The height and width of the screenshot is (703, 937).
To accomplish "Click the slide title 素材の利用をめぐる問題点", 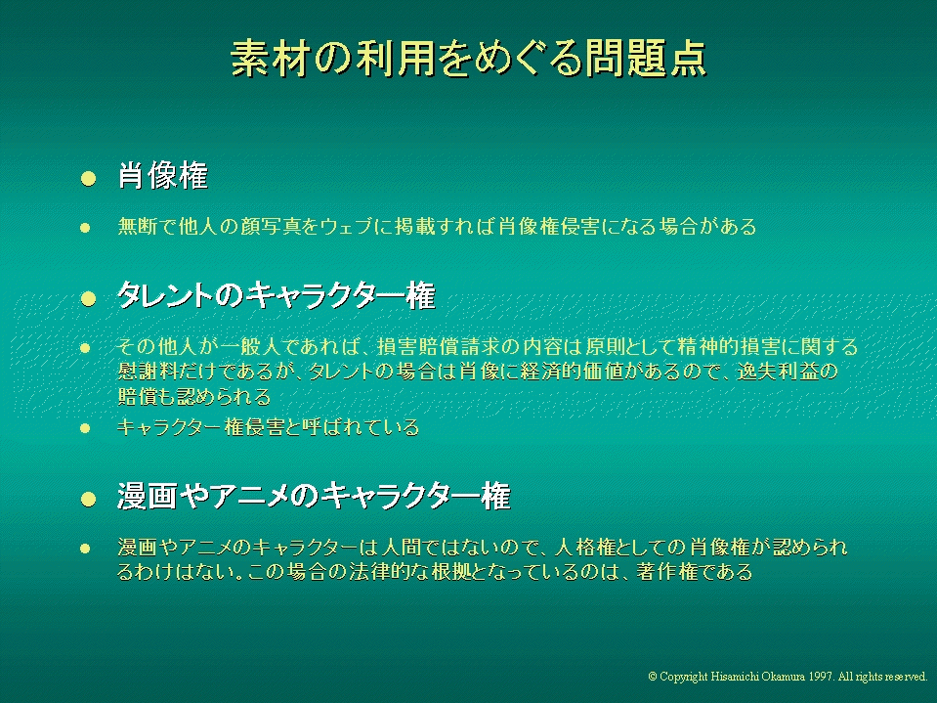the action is tap(469, 59).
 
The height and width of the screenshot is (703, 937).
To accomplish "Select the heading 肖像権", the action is tap(162, 176).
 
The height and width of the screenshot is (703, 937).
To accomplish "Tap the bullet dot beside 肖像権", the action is tap(89, 178).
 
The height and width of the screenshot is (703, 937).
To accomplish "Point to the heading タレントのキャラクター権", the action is tap(277, 295).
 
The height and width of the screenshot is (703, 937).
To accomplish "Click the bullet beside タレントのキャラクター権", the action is tap(89, 298).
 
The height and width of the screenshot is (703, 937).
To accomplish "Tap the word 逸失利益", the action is tap(778, 372).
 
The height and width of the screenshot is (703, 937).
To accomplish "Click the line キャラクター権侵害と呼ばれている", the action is tap(269, 427).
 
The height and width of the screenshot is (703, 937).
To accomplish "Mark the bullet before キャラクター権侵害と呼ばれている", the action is tap(85, 428).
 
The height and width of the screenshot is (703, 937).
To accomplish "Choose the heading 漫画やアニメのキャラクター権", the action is tap(314, 496).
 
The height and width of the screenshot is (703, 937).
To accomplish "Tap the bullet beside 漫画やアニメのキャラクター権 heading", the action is tap(89, 500).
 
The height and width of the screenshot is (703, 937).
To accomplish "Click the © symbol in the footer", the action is tap(653, 677).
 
